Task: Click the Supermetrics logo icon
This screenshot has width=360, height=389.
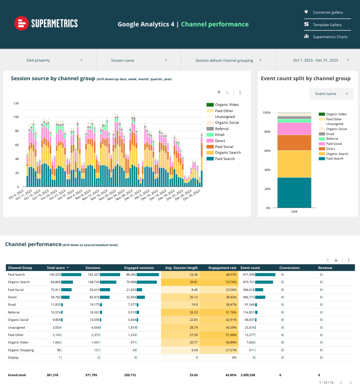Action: coord(22,23)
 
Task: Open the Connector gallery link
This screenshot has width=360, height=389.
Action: coord(328,12)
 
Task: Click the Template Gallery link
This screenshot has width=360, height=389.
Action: coord(327,25)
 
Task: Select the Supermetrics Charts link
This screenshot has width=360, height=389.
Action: coord(330,37)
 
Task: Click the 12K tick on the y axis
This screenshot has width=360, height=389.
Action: coord(16,103)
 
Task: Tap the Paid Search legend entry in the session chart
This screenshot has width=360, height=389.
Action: coord(225,159)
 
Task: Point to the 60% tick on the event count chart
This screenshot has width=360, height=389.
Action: coord(267,151)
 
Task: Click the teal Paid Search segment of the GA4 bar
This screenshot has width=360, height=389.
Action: coord(294,193)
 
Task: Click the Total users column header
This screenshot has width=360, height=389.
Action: coord(55,268)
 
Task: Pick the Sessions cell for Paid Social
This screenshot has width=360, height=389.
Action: coord(93,290)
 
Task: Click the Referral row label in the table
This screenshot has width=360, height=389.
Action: coord(14,312)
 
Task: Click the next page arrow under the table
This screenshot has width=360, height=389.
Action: coord(351,383)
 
